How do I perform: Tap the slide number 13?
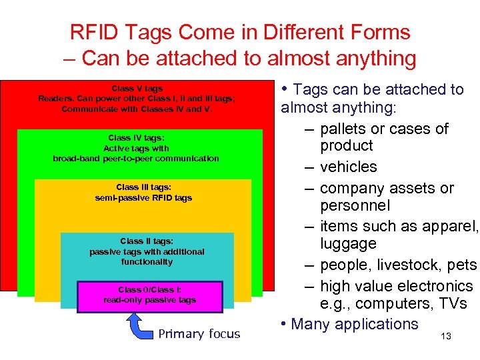[x=446, y=337]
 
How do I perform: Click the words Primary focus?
[x=199, y=334]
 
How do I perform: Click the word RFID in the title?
[x=93, y=32]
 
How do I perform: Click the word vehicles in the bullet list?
[x=348, y=167]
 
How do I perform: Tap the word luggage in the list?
[x=348, y=244]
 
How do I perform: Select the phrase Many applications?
[x=355, y=325]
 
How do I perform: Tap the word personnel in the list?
[x=355, y=206]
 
